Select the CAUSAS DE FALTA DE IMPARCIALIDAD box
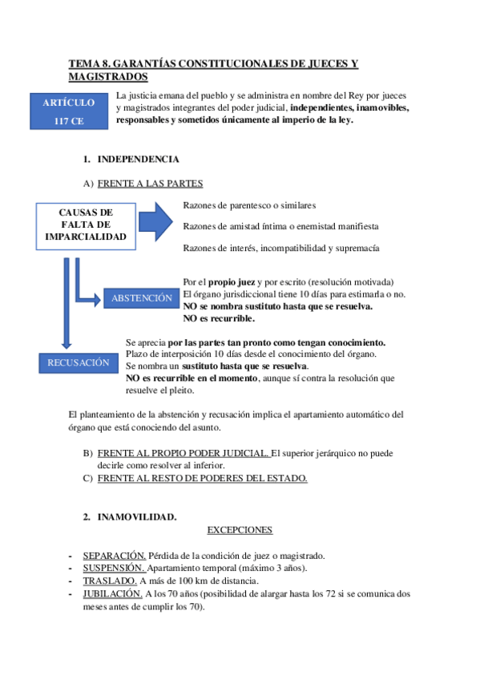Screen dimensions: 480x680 coord(87,225)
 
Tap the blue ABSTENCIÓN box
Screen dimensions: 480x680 coord(141,297)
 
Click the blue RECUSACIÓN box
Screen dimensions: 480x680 coord(78,362)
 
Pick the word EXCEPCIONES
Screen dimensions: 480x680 coord(240,530)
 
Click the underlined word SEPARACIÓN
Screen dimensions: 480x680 coord(115,556)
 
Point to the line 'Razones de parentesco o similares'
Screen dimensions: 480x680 coord(249,204)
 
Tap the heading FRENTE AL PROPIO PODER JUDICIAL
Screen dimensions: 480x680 coord(183,453)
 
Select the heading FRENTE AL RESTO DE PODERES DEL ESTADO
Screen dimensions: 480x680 coord(202,478)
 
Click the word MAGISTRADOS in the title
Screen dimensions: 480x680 coord(108,76)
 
